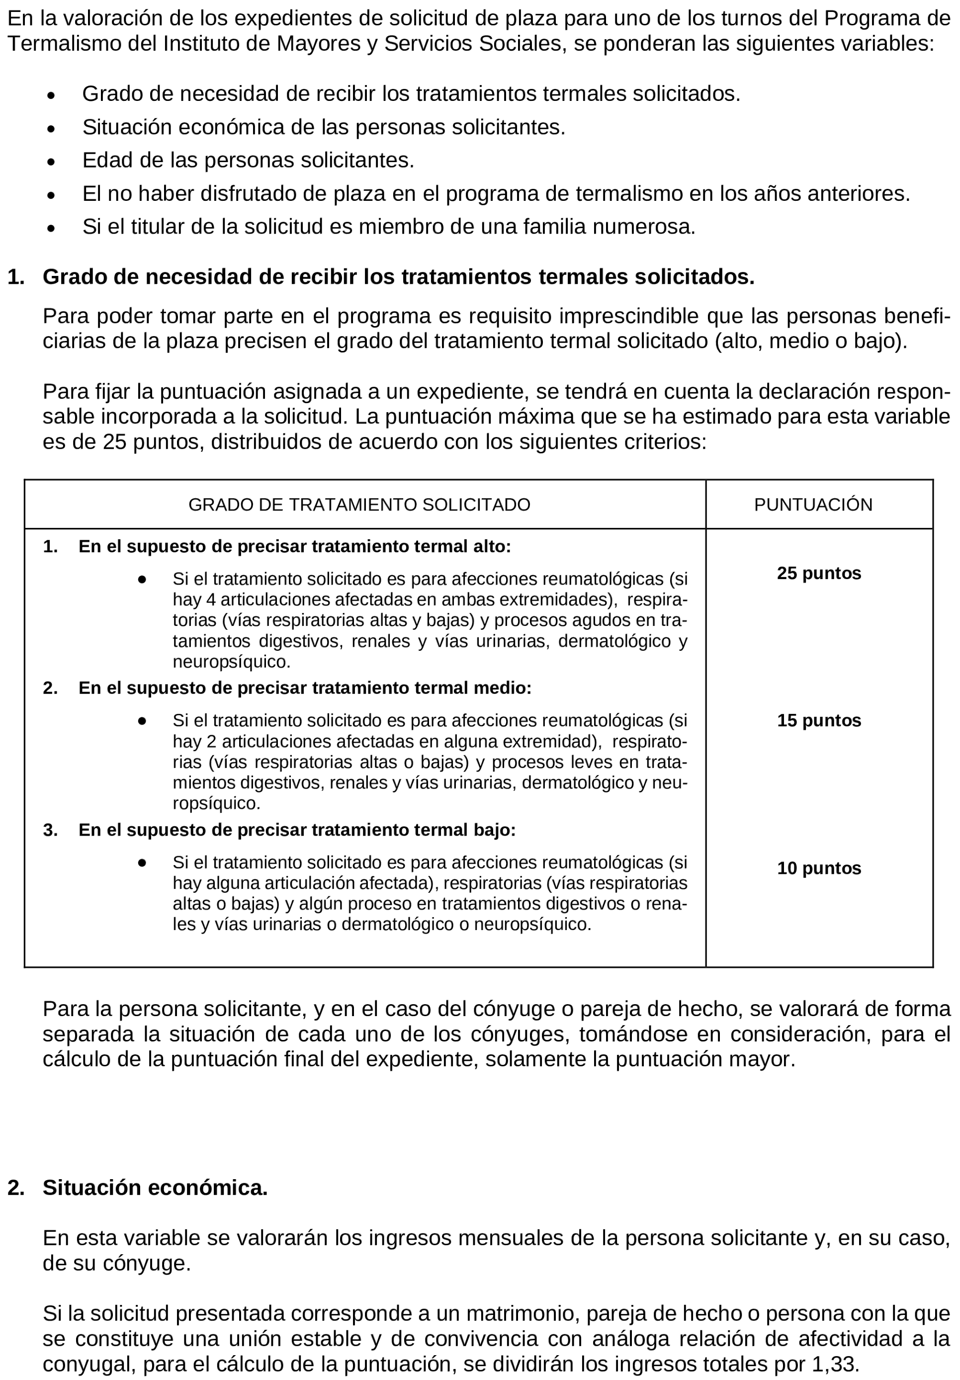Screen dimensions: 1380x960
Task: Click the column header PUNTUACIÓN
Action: click(x=813, y=504)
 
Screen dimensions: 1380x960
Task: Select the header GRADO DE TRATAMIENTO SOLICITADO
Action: click(x=359, y=504)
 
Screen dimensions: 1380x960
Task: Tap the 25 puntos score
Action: click(x=819, y=573)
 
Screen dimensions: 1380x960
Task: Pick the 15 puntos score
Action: click(x=819, y=720)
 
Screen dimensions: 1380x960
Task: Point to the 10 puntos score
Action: click(x=819, y=868)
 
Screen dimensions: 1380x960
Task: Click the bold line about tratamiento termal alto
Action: click(x=294, y=546)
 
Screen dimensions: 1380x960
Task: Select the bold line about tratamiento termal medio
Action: click(x=305, y=688)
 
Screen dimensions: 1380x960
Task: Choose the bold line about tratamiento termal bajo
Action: click(x=297, y=830)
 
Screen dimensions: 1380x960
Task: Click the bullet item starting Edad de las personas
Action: click(x=248, y=160)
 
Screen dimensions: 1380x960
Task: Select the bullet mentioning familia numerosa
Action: click(x=388, y=227)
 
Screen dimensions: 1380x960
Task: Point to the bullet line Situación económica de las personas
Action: click(x=324, y=127)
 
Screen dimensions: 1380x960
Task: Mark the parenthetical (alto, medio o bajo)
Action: click(x=810, y=342)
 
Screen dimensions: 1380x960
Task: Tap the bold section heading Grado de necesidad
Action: click(x=398, y=276)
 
